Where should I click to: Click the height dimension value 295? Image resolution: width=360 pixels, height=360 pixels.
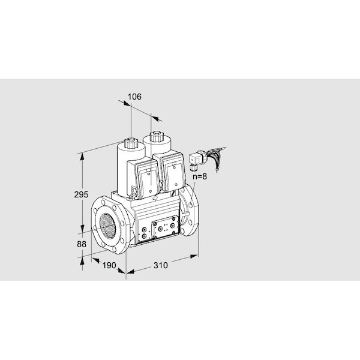click(82, 194)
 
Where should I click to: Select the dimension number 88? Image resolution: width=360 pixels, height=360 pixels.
click(82, 244)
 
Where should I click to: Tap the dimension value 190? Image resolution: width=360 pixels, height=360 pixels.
click(108, 265)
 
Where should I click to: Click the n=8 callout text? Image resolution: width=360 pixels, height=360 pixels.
click(199, 176)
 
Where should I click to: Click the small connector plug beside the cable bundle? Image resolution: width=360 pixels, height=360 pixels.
click(196, 160)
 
